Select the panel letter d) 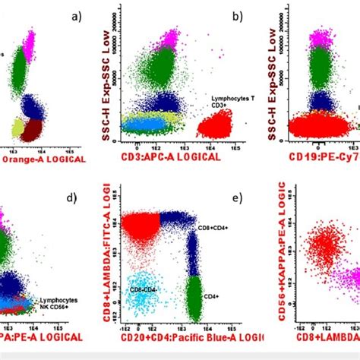pyautogui.click(x=72, y=199)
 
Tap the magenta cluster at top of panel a pyautogui.click(x=30, y=38)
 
